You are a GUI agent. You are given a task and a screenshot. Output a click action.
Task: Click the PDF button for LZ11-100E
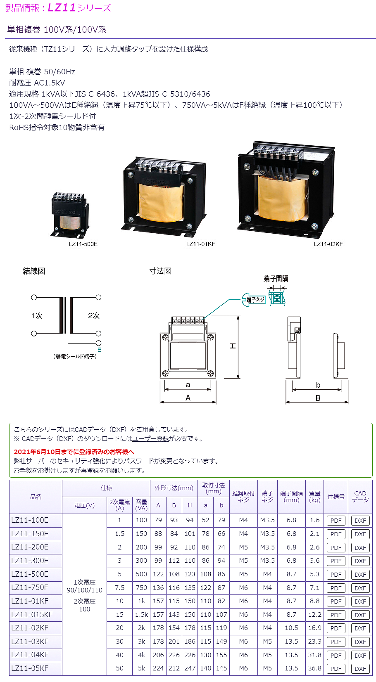pyautogui.click(x=336, y=521)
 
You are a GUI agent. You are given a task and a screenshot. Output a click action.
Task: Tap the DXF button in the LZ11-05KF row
pyautogui.click(x=360, y=669)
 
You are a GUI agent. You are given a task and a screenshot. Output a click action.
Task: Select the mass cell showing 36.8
pyautogui.click(x=314, y=668)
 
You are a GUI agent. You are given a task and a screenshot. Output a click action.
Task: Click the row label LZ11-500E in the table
pyautogui.click(x=30, y=574)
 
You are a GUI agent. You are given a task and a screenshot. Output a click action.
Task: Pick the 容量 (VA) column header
pyautogui.click(x=141, y=505)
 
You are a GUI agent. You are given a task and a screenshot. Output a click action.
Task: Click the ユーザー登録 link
pyautogui.click(x=150, y=439)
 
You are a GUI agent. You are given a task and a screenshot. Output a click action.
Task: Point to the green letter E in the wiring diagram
pyautogui.click(x=99, y=350)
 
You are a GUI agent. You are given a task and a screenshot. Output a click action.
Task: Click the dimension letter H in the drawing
pyautogui.click(x=233, y=346)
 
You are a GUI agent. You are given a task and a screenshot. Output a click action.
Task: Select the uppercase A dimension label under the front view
pyautogui.click(x=188, y=398)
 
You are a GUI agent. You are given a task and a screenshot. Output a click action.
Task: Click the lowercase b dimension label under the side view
pyautogui.click(x=318, y=385)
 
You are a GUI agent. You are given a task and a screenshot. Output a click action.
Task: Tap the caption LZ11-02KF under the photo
pyautogui.click(x=328, y=244)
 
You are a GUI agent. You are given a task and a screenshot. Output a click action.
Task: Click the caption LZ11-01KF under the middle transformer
pyautogui.click(x=200, y=244)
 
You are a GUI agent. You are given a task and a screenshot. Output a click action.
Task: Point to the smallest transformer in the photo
pyautogui.click(x=70, y=215)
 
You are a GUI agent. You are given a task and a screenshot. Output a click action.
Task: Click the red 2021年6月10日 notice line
pyautogui.click(x=74, y=452)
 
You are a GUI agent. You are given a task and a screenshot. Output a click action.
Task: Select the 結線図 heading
pyautogui.click(x=34, y=271)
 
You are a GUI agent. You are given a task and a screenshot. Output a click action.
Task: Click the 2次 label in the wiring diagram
pyautogui.click(x=94, y=316)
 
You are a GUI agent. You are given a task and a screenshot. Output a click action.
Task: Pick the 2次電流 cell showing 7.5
pyautogui.click(x=120, y=587)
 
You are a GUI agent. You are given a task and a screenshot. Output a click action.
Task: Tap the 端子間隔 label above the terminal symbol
pyautogui.click(x=276, y=279)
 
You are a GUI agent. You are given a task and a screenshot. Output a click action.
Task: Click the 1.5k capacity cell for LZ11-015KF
pyautogui.click(x=141, y=614)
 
